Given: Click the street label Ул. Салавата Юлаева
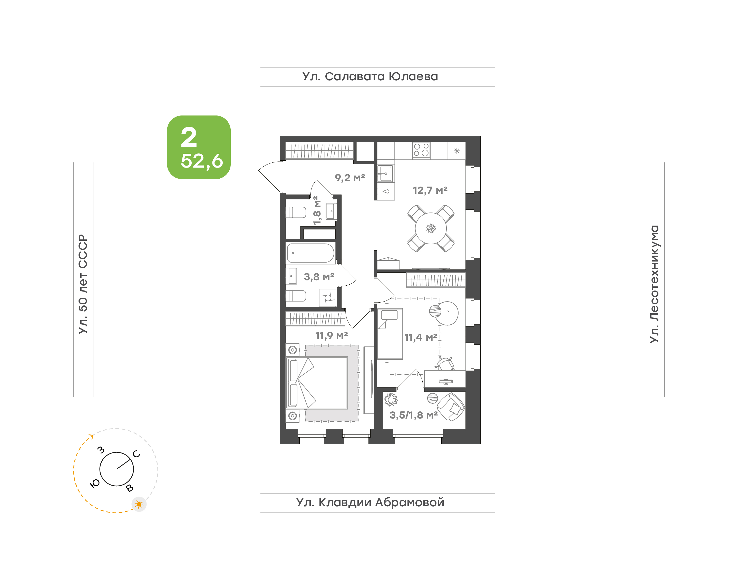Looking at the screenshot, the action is [x=370, y=76].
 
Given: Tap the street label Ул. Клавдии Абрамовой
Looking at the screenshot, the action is [x=370, y=502].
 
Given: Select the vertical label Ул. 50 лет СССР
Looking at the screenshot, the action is [x=83, y=284].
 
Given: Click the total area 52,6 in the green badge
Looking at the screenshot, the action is [x=202, y=161].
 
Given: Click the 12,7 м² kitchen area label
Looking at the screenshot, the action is [x=430, y=190].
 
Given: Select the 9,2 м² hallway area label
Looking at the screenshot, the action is [x=350, y=177].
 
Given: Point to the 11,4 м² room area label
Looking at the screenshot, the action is [x=421, y=337].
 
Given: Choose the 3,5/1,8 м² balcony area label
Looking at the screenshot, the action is [x=413, y=415].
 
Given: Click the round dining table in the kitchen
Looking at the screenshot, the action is [x=431, y=228].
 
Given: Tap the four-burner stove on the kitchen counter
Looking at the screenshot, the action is [x=421, y=150].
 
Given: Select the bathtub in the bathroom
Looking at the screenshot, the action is [x=310, y=253].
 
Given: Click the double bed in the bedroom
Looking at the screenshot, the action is [x=317, y=383].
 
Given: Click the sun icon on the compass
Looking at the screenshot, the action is [x=139, y=504].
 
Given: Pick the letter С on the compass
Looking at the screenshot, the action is [x=137, y=454].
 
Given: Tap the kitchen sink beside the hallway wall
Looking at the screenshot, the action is [x=386, y=173].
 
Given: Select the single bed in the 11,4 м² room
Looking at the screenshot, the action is [x=390, y=334].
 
